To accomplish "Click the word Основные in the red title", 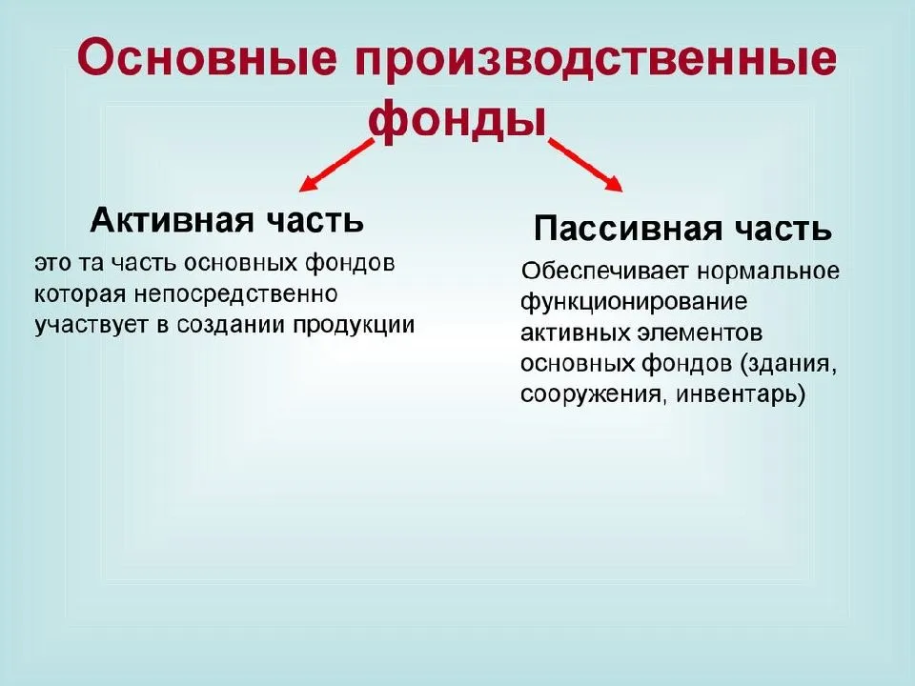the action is tap(207, 58).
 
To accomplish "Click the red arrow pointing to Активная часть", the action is tap(335, 166).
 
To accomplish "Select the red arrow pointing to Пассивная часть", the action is tap(585, 166).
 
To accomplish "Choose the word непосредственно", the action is tap(235, 293).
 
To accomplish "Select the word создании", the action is tap(232, 325).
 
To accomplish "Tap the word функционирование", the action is tap(634, 302).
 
